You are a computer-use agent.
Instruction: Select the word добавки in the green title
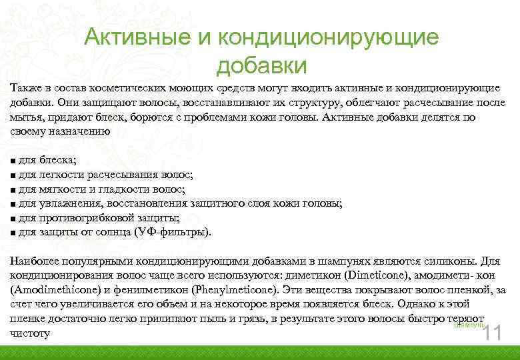pos(261,66)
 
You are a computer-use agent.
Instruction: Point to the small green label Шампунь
pos(465,325)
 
